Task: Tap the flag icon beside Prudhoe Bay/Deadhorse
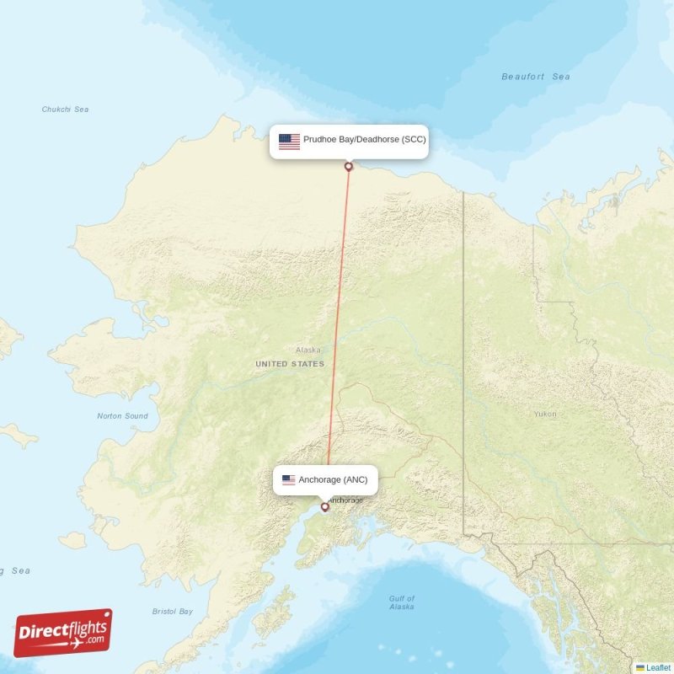click(x=289, y=141)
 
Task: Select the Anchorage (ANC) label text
click(x=333, y=479)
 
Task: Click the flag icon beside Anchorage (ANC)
click(x=288, y=480)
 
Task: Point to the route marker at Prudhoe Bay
click(x=349, y=166)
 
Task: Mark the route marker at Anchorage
click(x=324, y=507)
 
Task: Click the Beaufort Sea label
click(x=536, y=77)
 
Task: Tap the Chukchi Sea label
click(x=65, y=110)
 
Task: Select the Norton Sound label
click(x=122, y=416)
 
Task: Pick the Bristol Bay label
click(x=173, y=612)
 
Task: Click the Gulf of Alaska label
click(x=402, y=602)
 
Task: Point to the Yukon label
click(x=544, y=414)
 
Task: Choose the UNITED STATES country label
click(x=289, y=364)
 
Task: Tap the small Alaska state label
click(x=308, y=350)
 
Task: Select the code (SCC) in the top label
click(x=414, y=140)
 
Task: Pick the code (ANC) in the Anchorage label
click(x=356, y=479)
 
